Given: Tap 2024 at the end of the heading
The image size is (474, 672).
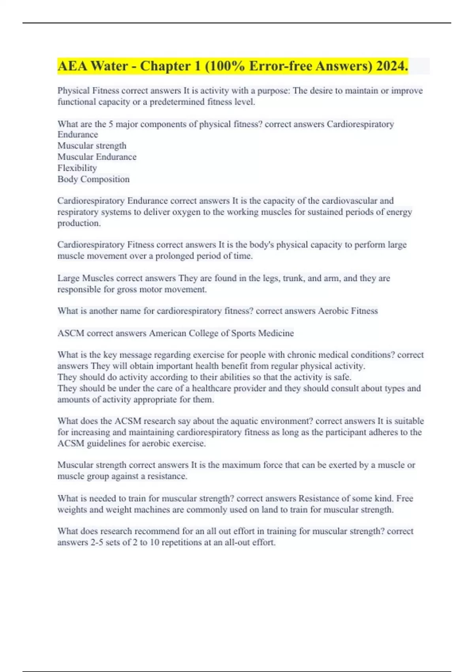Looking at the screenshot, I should pos(392,66).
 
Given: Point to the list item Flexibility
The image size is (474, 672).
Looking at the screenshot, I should pos(77,168).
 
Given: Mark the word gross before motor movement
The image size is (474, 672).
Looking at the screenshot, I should pos(127,289).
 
